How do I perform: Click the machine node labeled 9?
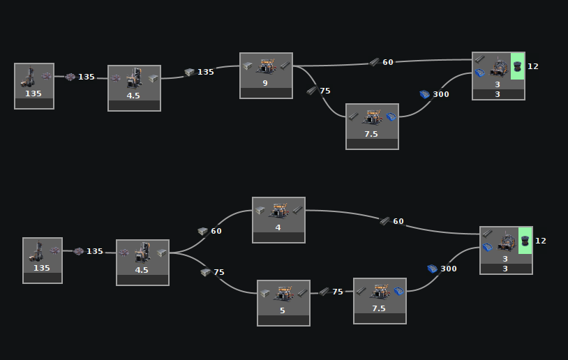[x=266, y=75]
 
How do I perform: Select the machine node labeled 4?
[x=278, y=219]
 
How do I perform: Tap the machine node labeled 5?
[x=283, y=302]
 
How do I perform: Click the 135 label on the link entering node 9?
[x=206, y=72]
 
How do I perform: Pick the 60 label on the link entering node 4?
[x=216, y=231]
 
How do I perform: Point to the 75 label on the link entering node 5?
[x=219, y=272]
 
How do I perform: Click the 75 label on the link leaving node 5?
[x=338, y=292]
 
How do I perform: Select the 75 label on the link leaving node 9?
[x=325, y=91]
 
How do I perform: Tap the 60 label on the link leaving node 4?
[x=398, y=221]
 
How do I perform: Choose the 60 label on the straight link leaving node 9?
[x=388, y=62]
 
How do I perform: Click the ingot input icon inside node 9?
[x=248, y=66]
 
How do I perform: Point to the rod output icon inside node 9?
[x=285, y=66]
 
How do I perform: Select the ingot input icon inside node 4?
[x=260, y=210]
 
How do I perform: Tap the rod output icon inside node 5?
[x=301, y=294]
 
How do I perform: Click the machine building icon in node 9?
[x=266, y=66]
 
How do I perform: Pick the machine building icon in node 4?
[x=278, y=210]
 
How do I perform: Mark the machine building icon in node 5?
[x=283, y=293]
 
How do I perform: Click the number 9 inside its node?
[x=265, y=83]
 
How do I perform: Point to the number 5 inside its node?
[x=283, y=310]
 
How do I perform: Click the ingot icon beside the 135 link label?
[x=189, y=72]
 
